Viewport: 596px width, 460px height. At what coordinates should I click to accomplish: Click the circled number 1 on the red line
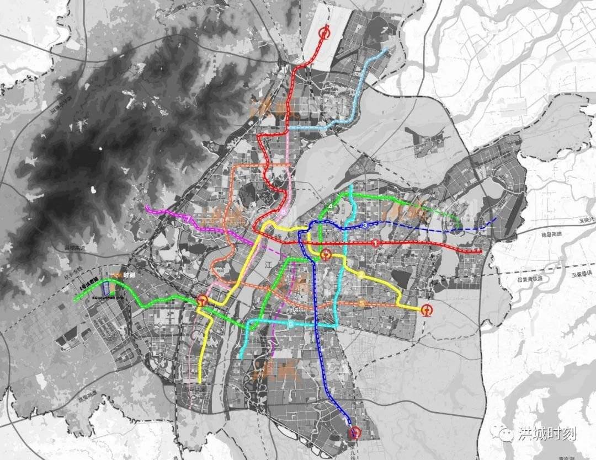[x=376, y=243]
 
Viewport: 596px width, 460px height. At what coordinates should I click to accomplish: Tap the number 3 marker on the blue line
[x=365, y=226]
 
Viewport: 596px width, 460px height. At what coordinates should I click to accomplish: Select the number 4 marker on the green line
[x=330, y=206]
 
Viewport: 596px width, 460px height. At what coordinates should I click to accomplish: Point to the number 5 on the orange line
[x=361, y=303]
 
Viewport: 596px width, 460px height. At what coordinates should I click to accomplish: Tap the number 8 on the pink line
[x=283, y=211]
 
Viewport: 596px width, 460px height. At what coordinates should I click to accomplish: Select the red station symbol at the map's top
[x=325, y=33]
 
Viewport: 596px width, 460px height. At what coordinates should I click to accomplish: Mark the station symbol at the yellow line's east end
[x=428, y=310]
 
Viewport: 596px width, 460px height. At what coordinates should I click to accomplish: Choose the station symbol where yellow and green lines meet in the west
[x=203, y=301]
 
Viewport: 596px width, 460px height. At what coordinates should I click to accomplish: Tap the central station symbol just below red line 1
[x=326, y=254]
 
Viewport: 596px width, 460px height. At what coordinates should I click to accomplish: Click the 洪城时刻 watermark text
[x=547, y=434]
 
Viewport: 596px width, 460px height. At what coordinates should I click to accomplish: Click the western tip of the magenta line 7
[x=147, y=208]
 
